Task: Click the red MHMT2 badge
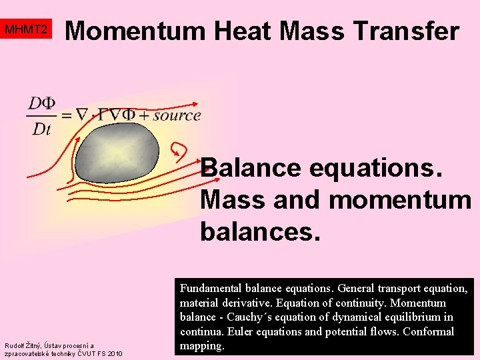click(26, 30)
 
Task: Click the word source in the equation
click(177, 115)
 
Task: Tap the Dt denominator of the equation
click(41, 129)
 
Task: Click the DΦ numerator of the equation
click(41, 103)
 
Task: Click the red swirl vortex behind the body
click(179, 149)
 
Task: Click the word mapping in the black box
click(202, 345)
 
